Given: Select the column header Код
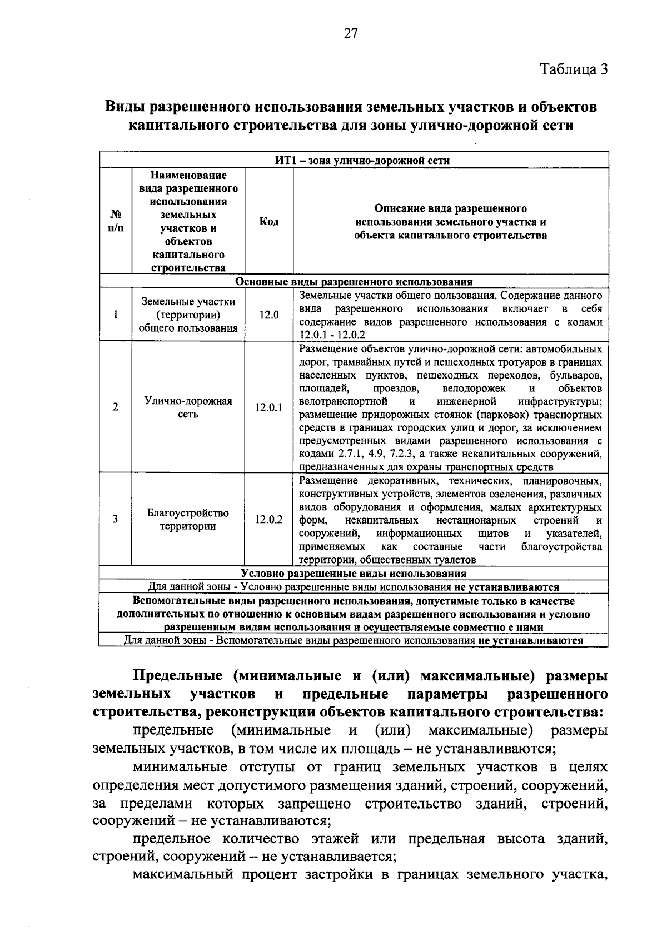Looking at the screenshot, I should tap(269, 222).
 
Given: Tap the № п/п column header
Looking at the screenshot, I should tap(116, 221).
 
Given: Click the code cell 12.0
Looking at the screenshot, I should tap(269, 315).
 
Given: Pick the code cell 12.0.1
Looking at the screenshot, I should tap(269, 407).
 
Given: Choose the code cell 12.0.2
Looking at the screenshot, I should tap(269, 520).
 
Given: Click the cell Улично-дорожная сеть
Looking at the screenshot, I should tap(188, 407).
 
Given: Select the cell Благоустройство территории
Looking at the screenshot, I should tap(188, 520).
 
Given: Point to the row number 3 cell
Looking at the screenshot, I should tap(116, 520).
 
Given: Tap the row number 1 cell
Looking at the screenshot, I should tap(116, 315).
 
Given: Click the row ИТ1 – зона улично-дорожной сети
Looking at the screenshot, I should tap(362, 161).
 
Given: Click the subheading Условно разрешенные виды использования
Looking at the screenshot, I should tap(354, 573).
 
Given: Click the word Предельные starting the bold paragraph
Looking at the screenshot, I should tap(178, 676).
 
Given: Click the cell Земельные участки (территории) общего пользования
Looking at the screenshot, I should tap(188, 315).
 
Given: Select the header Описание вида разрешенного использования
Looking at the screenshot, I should tap(450, 222).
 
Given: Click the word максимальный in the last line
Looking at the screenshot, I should tap(180, 875).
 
